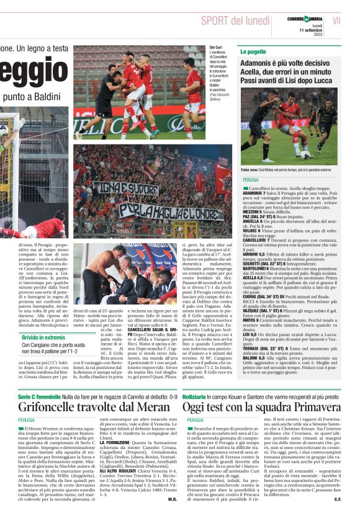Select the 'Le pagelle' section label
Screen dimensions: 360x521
click(x=253, y=51)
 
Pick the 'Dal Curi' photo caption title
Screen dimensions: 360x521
click(x=215, y=47)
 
